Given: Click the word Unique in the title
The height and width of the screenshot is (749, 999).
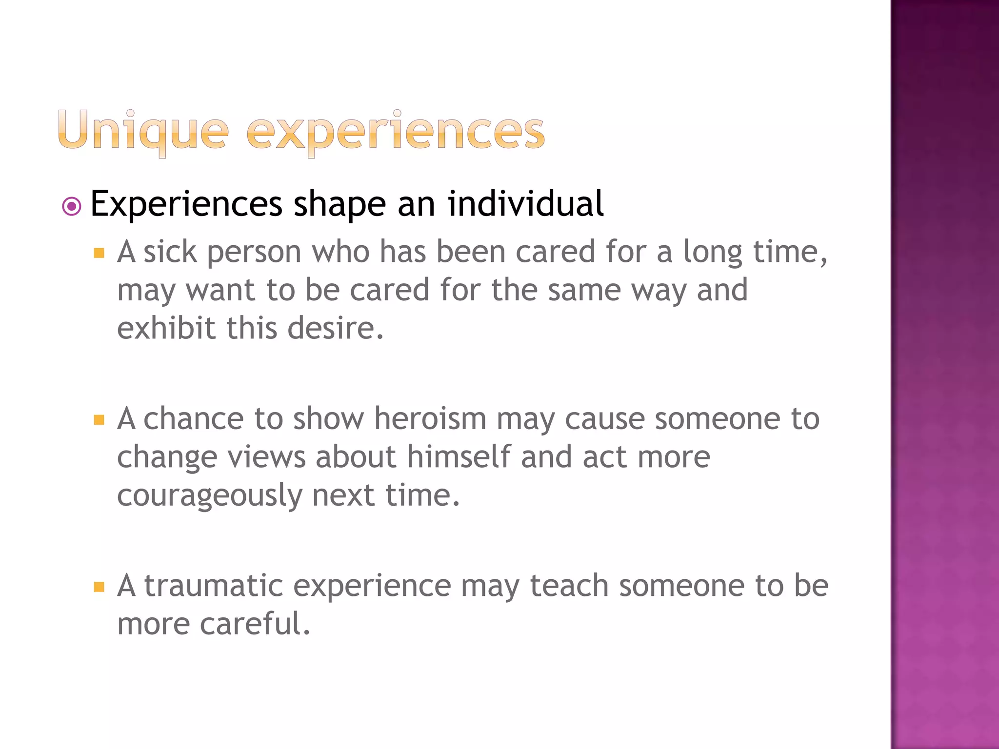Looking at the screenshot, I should pyautogui.click(x=143, y=131).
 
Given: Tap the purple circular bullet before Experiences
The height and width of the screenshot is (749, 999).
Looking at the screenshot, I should pyautogui.click(x=72, y=207).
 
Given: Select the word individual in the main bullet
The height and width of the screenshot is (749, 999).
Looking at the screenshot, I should pyautogui.click(x=525, y=204).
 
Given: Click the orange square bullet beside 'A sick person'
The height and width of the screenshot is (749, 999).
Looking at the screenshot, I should pyautogui.click(x=100, y=253).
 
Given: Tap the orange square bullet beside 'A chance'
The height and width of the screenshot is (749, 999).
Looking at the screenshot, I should pyautogui.click(x=100, y=420).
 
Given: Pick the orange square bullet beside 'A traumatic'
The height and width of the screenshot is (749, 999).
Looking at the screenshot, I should pyautogui.click(x=100, y=587).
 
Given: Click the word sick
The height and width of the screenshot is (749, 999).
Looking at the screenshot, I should pyautogui.click(x=170, y=252).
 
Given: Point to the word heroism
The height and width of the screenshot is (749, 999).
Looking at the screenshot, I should pyautogui.click(x=430, y=419).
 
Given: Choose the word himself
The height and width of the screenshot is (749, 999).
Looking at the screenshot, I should pyautogui.click(x=459, y=457).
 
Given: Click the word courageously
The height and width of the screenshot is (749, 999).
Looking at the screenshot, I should pyautogui.click(x=210, y=496).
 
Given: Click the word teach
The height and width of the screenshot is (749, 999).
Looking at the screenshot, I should pyautogui.click(x=569, y=586).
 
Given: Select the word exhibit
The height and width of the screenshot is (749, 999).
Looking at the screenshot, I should pyautogui.click(x=166, y=328).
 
